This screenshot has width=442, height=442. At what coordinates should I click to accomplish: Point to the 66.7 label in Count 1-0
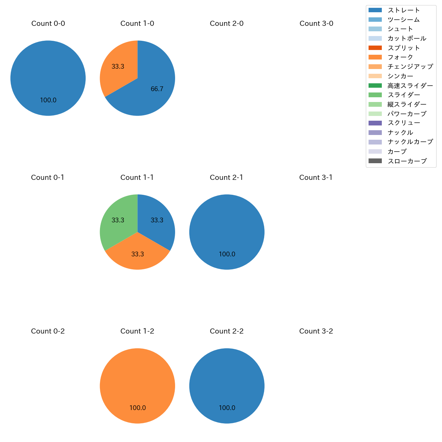pyautogui.click(x=157, y=89)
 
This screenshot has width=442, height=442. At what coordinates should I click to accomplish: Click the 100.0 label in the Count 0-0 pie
pyautogui.click(x=48, y=100)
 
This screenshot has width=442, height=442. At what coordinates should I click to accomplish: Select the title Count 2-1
pyautogui.click(x=226, y=177)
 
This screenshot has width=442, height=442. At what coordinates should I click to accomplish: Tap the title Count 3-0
pyautogui.click(x=316, y=23)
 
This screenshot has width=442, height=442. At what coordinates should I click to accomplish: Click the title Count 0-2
pyautogui.click(x=48, y=331)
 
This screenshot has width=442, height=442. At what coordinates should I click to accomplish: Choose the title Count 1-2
pyautogui.click(x=137, y=331)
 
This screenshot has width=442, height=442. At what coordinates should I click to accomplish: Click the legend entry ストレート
pyautogui.click(x=404, y=10)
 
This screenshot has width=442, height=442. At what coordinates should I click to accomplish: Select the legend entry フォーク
pyautogui.click(x=400, y=57)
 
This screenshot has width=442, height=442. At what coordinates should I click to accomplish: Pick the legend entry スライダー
pyautogui.click(x=404, y=95)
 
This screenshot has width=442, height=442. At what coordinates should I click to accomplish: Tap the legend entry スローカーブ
pyautogui.click(x=407, y=161)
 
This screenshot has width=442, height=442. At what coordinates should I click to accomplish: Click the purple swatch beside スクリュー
pyautogui.click(x=375, y=123)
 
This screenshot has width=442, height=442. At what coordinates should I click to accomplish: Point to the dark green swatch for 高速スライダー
pyautogui.click(x=375, y=85)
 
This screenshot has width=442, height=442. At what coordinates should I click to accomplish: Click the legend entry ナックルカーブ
pyautogui.click(x=410, y=142)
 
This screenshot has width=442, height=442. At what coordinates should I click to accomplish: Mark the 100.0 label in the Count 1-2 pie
pyautogui.click(x=137, y=408)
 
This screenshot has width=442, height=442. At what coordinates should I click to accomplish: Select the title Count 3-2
pyautogui.click(x=316, y=331)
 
